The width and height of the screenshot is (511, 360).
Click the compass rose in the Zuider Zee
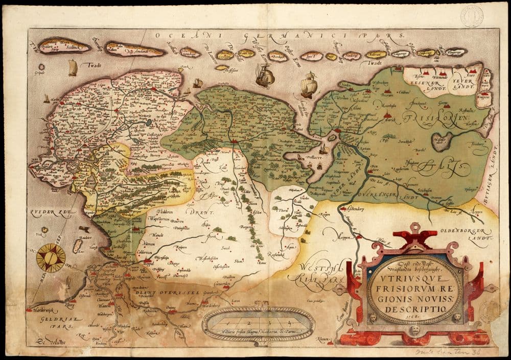51,258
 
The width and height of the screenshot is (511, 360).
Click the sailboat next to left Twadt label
73,67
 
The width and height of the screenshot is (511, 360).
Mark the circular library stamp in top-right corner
472,16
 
